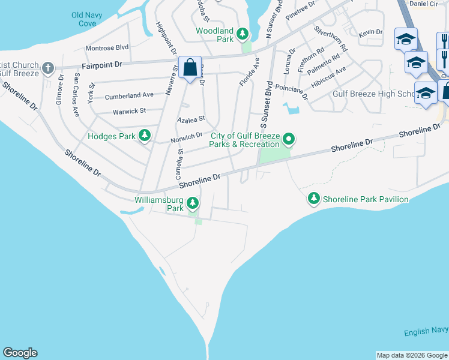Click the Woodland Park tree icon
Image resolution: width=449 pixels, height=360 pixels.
(x=243, y=33)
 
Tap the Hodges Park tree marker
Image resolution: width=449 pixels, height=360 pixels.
(x=144, y=136)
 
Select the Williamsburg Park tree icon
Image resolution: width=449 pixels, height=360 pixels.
(x=193, y=203)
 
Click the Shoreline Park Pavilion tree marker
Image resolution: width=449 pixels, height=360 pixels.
(x=313, y=199)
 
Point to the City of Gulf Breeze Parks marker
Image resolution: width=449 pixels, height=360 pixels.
(x=289, y=140)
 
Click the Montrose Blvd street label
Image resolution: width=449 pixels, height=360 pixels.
(x=107, y=47)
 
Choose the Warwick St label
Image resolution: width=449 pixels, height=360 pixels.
(x=129, y=111)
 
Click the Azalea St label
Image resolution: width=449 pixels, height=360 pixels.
(x=191, y=119)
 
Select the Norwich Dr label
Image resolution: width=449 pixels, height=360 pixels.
(x=187, y=137)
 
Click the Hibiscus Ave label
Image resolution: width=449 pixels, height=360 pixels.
(x=333, y=76)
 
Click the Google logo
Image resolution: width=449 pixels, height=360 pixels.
(x=20, y=353)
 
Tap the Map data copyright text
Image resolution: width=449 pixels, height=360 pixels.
(x=412, y=355)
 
